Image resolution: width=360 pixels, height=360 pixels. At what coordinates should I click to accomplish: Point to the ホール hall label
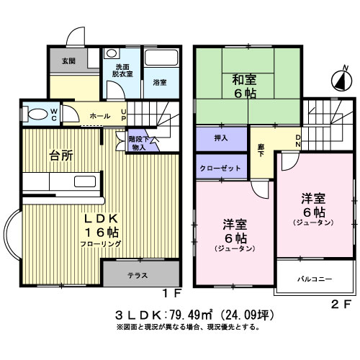pyautogui.click(x=100, y=116)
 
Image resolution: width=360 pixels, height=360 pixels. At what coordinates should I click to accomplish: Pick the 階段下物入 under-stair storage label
pyautogui.click(x=138, y=143)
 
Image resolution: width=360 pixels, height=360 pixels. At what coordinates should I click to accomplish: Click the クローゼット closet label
pyautogui.click(x=221, y=166)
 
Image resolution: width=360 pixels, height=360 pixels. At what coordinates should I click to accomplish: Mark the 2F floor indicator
pyautogui.click(x=341, y=304)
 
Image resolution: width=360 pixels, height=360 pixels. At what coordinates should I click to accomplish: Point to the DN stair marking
pyautogui.click(x=298, y=140)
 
